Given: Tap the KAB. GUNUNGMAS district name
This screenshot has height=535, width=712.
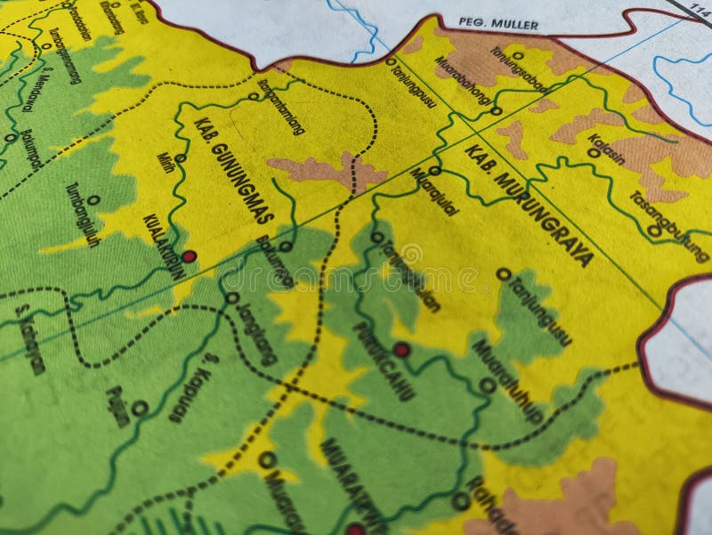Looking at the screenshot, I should click(x=232, y=170).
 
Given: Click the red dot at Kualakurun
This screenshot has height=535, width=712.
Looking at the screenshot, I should click(x=189, y=256).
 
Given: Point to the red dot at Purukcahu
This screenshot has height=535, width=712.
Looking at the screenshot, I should click(x=401, y=350).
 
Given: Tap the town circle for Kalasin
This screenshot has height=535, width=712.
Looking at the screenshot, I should click(x=594, y=152).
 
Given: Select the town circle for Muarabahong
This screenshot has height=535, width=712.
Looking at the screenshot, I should click(x=497, y=111).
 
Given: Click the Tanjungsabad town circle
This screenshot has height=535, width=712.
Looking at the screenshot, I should click(x=517, y=55).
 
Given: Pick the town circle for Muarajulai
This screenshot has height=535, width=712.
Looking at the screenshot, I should click(x=434, y=170).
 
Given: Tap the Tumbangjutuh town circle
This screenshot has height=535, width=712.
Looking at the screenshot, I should click(x=93, y=200).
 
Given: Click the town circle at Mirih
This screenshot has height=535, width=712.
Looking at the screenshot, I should click(x=180, y=158).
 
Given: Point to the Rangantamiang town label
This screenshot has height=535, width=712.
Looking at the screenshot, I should click(x=281, y=108).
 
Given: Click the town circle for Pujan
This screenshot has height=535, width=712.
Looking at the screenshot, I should click(x=140, y=408).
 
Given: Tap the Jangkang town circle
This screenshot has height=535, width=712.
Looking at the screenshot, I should click(x=231, y=298).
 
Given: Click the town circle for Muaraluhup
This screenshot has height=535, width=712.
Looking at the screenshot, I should click(x=487, y=385).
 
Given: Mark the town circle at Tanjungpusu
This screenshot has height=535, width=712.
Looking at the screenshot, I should click(x=391, y=61).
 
